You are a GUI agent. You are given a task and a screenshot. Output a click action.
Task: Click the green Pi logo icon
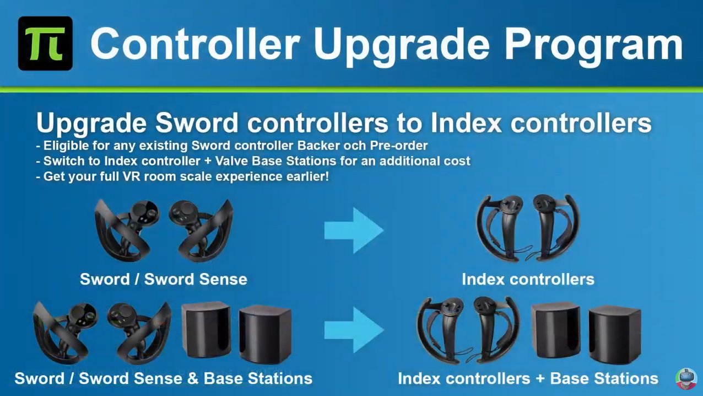pos(45,44)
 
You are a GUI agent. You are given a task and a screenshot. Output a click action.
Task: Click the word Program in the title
pos(593,45)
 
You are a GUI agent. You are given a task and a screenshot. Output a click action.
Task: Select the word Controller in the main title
pos(194,44)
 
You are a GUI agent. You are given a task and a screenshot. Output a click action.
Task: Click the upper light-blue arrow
pos(354,231)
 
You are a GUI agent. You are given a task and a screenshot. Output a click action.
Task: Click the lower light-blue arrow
pos(354,330)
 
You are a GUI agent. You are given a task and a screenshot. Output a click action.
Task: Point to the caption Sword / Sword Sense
pos(164,279)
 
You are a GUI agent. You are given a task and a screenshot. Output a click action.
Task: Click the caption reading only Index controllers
pos(528,279)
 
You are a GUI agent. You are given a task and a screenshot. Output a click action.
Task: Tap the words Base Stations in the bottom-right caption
pos(604,378)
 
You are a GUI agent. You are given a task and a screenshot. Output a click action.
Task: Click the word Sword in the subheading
pos(197,123)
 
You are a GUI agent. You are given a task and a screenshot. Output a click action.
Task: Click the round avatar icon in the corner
pos(686,379)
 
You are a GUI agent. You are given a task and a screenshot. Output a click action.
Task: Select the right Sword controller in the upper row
pos(201,230)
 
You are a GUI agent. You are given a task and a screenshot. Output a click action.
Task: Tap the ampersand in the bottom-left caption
pos(193,378)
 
